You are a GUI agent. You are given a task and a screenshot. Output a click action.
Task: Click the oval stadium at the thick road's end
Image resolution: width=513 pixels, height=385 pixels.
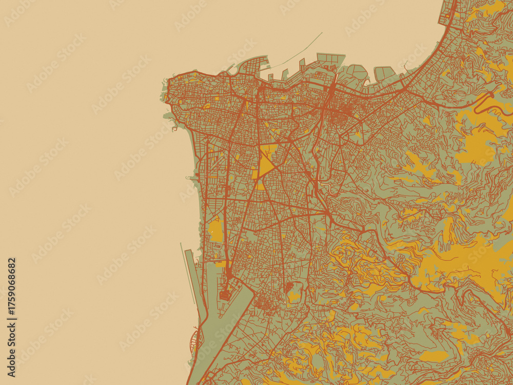[x=225, y=295]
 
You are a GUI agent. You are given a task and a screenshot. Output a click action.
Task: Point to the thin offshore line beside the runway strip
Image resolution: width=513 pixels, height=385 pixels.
[x=185, y=272]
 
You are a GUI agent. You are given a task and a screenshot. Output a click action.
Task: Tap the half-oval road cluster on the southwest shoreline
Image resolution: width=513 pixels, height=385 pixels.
[x=193, y=341]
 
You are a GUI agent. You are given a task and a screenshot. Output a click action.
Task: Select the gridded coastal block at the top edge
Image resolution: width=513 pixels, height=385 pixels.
[x=447, y=13]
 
